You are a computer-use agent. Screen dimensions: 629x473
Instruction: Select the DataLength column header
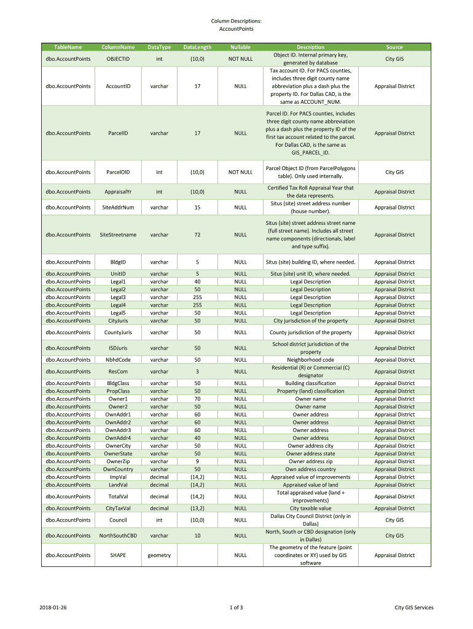tap(197, 47)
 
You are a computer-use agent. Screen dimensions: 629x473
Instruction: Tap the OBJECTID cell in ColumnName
tap(118, 59)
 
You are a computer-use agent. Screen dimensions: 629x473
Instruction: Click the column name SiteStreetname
tap(118, 235)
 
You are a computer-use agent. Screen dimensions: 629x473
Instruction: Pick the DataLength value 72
tap(197, 235)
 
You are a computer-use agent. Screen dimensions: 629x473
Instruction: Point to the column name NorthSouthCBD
tap(118, 536)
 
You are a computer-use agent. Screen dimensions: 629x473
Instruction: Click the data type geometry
tap(159, 555)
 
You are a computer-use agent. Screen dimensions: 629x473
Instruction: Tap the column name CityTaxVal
tap(118, 508)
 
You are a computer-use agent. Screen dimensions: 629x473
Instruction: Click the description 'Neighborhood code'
tap(311, 360)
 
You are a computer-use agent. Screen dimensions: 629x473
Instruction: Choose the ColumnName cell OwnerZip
tap(118, 461)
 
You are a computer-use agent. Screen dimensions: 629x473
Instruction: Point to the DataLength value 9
tap(197, 461)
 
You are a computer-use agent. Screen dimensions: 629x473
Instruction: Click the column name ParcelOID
tap(118, 173)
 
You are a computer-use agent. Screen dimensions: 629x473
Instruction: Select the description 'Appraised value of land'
tap(311, 485)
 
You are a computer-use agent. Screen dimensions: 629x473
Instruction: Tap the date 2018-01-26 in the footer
tap(53, 608)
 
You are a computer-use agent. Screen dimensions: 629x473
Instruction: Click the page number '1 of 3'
tap(237, 608)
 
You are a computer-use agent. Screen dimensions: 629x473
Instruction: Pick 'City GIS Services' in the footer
tap(414, 608)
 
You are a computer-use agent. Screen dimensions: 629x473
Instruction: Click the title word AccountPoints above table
tap(237, 29)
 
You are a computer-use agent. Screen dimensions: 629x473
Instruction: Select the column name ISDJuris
tap(118, 348)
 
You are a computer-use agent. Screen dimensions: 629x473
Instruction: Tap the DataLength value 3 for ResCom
tap(197, 372)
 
